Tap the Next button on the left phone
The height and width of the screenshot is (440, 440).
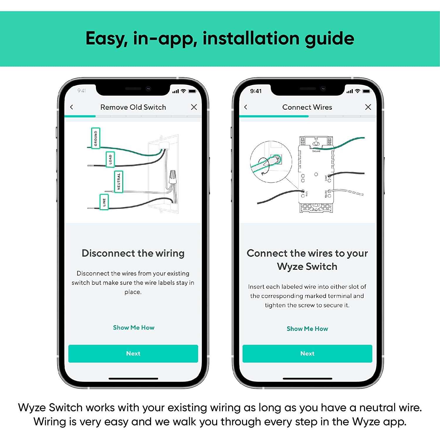tap(133, 353)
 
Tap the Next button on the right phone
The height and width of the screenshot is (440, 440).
tap(307, 353)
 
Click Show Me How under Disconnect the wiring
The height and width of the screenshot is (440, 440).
tap(133, 328)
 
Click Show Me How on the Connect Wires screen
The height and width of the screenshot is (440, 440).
tap(307, 329)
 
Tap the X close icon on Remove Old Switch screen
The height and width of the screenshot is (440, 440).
tap(194, 107)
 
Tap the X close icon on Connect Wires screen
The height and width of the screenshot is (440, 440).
tap(368, 107)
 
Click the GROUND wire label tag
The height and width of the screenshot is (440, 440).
tap(96, 138)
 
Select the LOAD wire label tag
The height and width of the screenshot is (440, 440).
tap(110, 160)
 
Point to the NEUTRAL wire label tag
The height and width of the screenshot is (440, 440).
tap(119, 181)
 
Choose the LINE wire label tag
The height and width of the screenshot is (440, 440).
tap(104, 202)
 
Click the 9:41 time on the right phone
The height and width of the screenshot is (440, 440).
tap(256, 91)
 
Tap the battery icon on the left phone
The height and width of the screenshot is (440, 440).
tap(192, 91)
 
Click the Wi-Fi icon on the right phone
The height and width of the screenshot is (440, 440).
tap(357, 91)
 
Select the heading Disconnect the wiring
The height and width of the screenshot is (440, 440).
tap(133, 253)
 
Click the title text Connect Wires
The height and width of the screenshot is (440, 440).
tap(307, 107)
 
